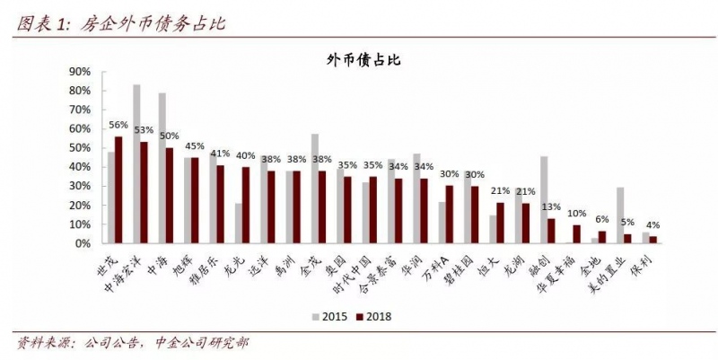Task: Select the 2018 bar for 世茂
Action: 118,189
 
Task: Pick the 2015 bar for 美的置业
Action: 619,215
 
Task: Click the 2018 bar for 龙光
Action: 246,205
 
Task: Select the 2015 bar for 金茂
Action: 314,189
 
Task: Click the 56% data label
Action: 118,126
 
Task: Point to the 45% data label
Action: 195,146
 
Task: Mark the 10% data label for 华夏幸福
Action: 576,214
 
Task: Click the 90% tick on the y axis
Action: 79,72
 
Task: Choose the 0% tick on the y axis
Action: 82,243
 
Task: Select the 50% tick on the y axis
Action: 79,148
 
